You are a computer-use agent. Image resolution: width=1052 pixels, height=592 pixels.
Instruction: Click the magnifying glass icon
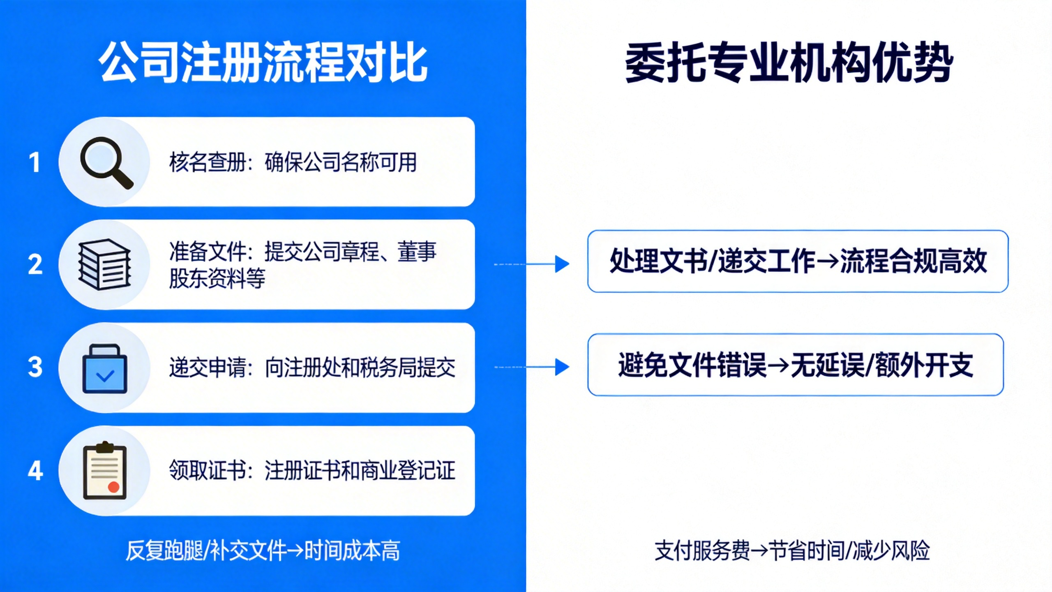coord(106,163)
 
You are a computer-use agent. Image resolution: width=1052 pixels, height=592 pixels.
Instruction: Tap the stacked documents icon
coord(104,264)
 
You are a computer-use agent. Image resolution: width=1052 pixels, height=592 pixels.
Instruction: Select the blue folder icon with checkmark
coord(105,368)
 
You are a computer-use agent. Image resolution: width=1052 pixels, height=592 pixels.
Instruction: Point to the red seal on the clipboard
coord(113,487)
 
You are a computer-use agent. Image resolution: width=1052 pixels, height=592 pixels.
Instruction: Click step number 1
coord(35,162)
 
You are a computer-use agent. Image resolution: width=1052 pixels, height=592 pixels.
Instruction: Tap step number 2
coord(35,264)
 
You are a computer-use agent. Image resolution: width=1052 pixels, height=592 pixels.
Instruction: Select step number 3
coord(35,367)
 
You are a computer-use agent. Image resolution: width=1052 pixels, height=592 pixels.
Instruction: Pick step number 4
coord(35,471)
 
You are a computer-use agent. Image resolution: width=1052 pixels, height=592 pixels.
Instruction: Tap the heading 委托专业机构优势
coord(789,63)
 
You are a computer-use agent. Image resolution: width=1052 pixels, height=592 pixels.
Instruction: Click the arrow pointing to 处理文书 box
coord(532,264)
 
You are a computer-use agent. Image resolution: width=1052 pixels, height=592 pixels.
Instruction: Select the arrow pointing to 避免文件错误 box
coord(532,367)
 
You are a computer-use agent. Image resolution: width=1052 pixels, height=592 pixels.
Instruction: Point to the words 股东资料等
coord(217,278)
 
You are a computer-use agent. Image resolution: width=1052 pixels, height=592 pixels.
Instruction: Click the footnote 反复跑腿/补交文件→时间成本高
coord(263,551)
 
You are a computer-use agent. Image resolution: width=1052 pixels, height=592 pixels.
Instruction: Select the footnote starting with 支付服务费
coord(792,551)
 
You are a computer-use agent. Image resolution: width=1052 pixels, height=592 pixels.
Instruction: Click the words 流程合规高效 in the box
coord(913,261)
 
